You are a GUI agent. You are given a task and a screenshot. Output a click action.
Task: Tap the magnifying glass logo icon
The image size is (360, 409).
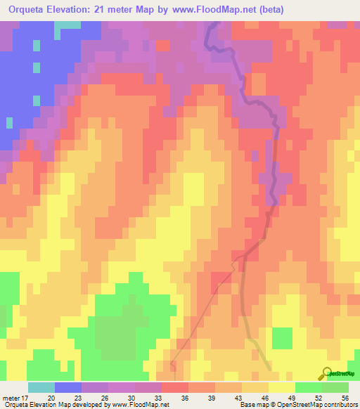point(327,374)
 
